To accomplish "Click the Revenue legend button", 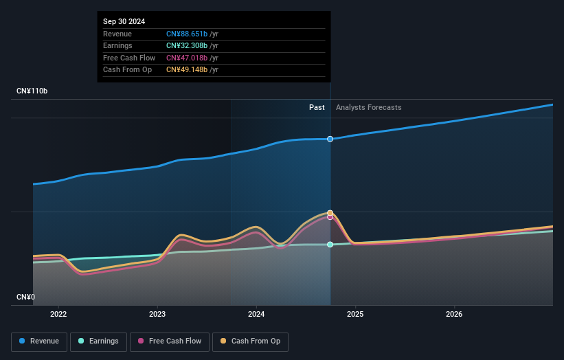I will [39, 341].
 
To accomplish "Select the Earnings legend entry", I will [98, 341].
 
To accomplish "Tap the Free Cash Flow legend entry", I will [170, 341].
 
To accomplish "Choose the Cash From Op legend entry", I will [250, 341].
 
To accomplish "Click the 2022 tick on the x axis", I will [58, 315].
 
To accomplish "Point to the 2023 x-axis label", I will [157, 315].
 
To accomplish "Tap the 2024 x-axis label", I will [256, 315].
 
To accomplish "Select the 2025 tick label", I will [355, 315].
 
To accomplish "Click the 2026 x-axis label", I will [454, 315].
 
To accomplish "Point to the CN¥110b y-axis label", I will [32, 91].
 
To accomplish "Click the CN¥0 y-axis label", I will [25, 297].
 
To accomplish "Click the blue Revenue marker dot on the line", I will [330, 139].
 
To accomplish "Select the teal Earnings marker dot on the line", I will [330, 245].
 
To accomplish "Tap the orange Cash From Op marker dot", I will [330, 213].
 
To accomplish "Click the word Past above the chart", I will [317, 107].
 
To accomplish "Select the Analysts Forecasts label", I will [369, 107].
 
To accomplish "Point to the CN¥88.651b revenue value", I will [188, 34].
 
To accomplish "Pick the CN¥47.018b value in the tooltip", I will [188, 58].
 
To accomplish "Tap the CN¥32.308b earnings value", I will [188, 46].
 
